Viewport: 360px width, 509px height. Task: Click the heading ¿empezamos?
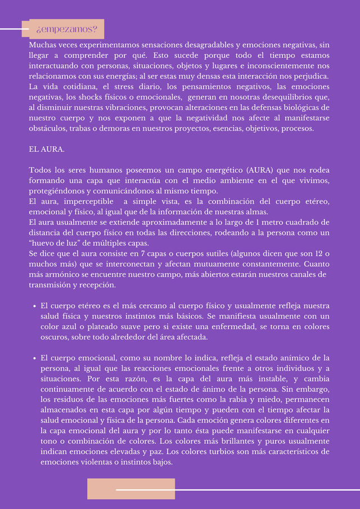pyautogui.click(x=66, y=29)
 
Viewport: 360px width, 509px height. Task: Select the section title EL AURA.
pyautogui.click(x=47, y=149)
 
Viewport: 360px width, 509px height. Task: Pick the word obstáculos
pyautogui.click(x=47, y=128)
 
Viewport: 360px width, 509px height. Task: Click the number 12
pyautogui.click(x=318, y=254)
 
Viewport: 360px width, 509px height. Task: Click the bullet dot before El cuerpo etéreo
pyautogui.click(x=34, y=306)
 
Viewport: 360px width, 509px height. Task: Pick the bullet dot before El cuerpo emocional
pyautogui.click(x=34, y=358)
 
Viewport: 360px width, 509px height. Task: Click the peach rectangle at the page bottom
pyautogui.click(x=130, y=489)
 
